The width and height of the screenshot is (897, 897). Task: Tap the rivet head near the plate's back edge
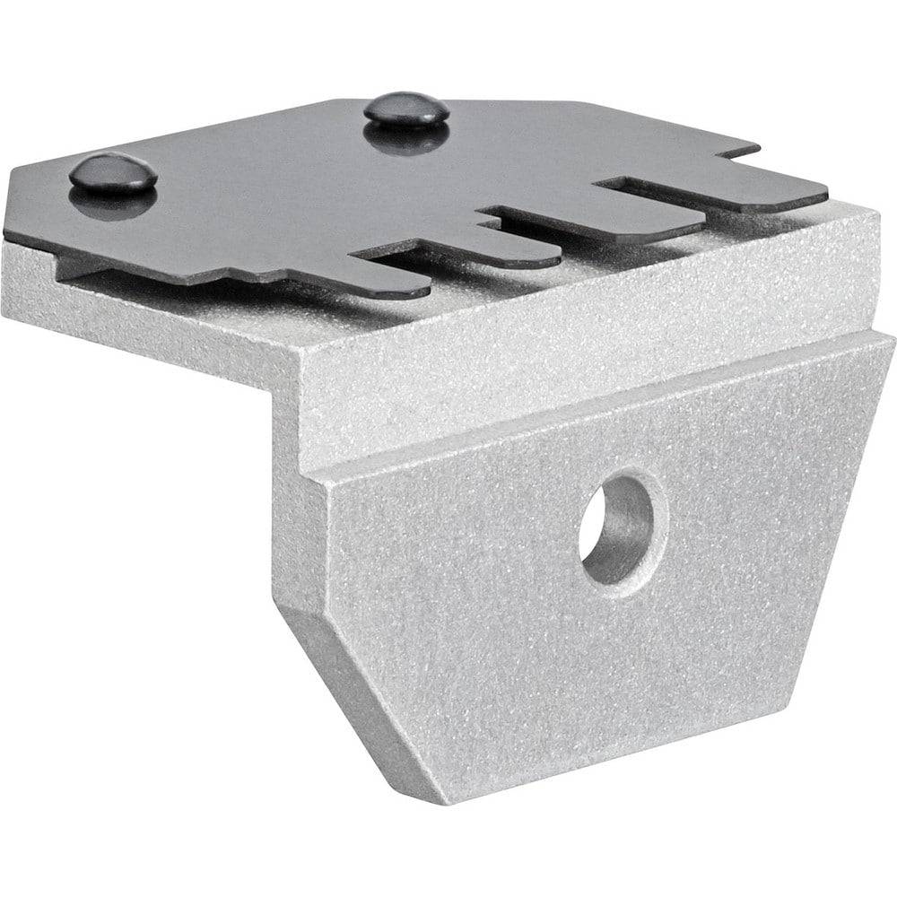[x=406, y=108]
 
